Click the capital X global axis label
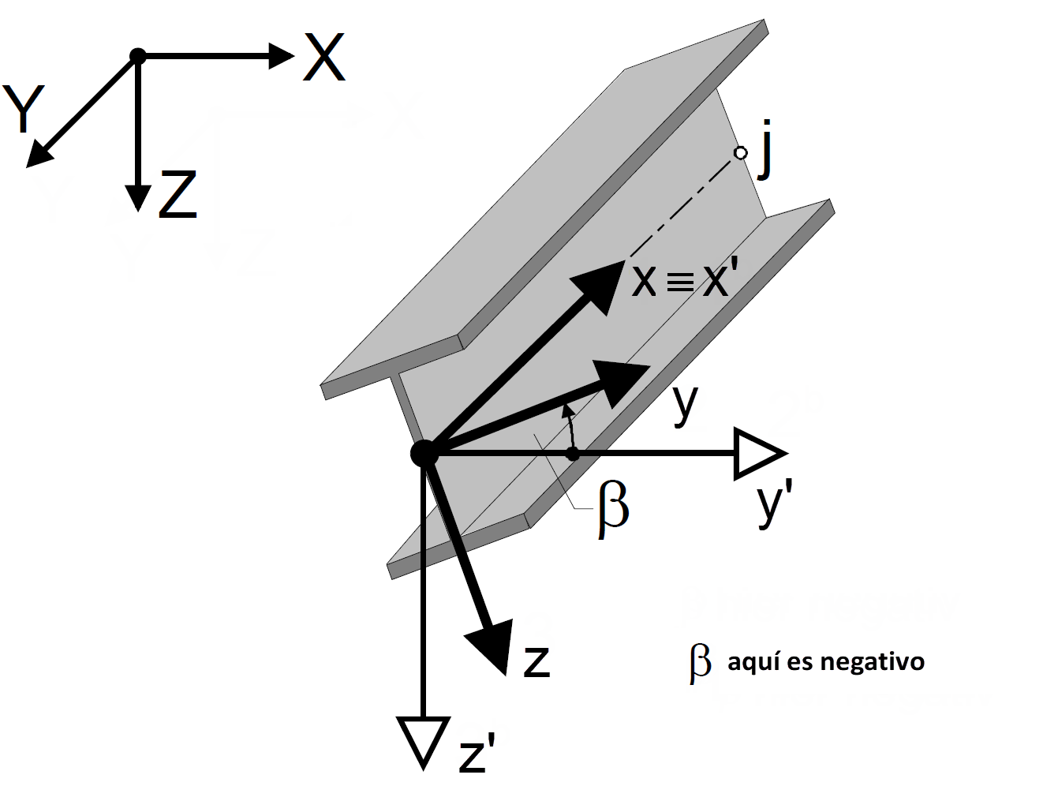coord(324,59)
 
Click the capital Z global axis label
coord(178,196)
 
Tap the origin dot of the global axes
coord(138,56)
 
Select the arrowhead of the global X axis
coord(280,55)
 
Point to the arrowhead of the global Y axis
coord(39,155)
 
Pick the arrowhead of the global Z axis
coord(138,196)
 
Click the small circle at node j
coord(740,153)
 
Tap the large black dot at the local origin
coord(424,454)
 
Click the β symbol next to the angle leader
coord(613,511)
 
